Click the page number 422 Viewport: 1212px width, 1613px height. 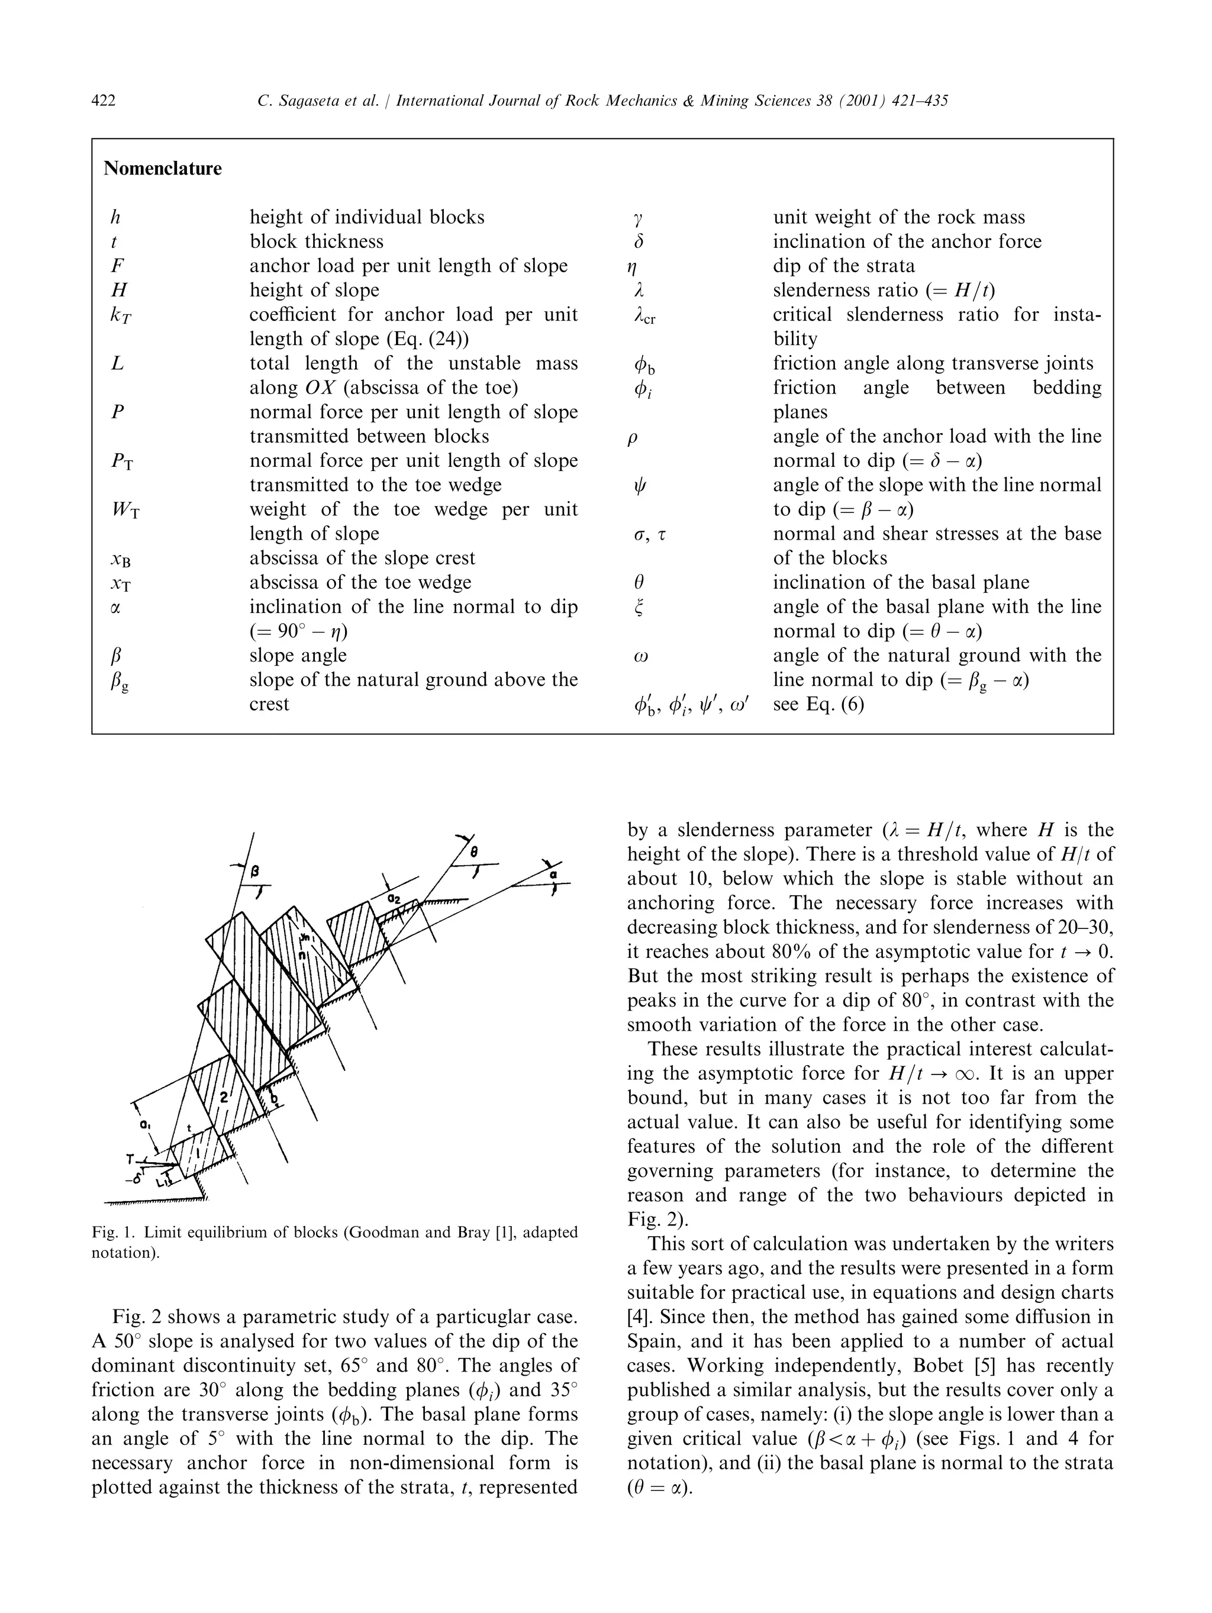coord(104,101)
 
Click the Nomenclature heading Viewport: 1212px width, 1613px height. coord(163,169)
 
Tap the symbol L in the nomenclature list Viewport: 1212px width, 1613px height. coord(117,363)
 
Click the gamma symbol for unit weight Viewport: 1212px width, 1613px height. coord(639,217)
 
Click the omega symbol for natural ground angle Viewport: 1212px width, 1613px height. coord(640,656)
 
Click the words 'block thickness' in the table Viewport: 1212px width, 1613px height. coord(316,241)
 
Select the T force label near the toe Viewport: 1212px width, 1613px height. coord(129,1159)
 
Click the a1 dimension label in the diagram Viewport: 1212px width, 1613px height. coord(145,1126)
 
